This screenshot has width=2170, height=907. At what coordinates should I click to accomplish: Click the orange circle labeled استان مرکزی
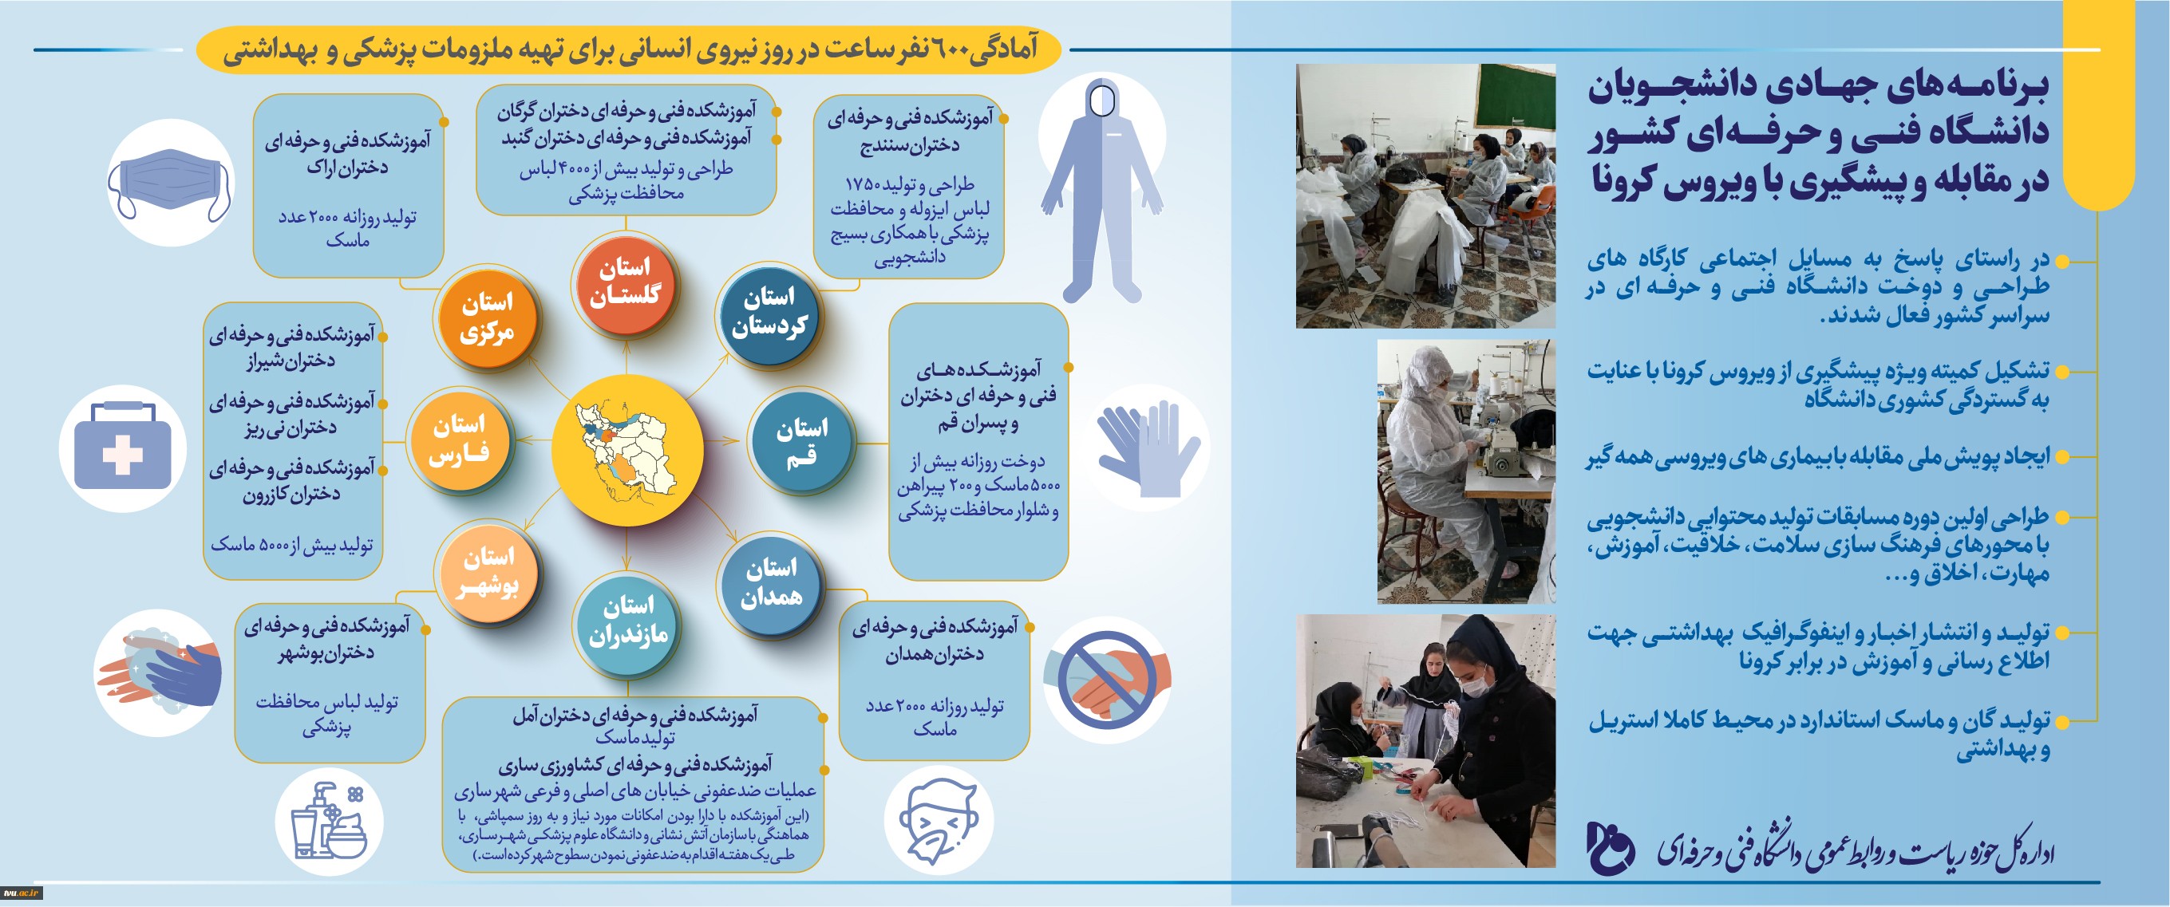pyautogui.click(x=487, y=318)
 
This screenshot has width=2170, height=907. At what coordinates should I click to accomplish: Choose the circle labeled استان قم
pyautogui.click(x=801, y=441)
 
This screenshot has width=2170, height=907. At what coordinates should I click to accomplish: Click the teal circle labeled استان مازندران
pyautogui.click(x=626, y=624)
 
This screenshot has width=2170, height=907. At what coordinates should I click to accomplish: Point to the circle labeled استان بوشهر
pyautogui.click(x=488, y=572)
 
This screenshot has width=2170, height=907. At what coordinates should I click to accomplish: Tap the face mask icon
pyautogui.click(x=170, y=183)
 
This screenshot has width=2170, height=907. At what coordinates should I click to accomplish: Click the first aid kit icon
pyautogui.click(x=123, y=447)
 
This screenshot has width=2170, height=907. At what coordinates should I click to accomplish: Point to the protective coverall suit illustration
pyautogui.click(x=1102, y=191)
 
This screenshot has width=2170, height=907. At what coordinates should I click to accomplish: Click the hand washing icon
pyautogui.click(x=158, y=670)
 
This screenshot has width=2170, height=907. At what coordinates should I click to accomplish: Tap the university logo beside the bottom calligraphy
pyautogui.click(x=1610, y=847)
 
